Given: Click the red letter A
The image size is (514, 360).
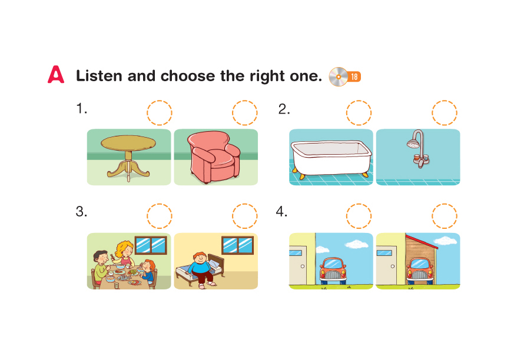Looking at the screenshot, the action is pyautogui.click(x=56, y=75).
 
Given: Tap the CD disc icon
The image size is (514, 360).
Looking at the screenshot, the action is pyautogui.click(x=339, y=76).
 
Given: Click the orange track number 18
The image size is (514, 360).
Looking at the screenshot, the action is pyautogui.click(x=354, y=76).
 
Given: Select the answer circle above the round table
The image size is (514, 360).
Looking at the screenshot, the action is pyautogui.click(x=160, y=113).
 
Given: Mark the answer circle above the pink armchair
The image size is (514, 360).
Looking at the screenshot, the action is pyautogui.click(x=244, y=113).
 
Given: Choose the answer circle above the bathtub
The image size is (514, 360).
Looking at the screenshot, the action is pyautogui.click(x=359, y=113).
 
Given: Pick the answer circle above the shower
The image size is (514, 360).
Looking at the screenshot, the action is pyautogui.click(x=444, y=113).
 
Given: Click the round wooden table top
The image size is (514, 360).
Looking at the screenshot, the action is pyautogui.click(x=128, y=143).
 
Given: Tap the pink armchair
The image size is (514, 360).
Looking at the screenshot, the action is pyautogui.click(x=213, y=157).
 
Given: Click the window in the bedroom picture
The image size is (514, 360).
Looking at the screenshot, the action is pyautogui.click(x=238, y=245).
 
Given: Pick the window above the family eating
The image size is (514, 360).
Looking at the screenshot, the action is pyautogui.click(x=151, y=245).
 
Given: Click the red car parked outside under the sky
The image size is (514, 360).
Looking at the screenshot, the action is pyautogui.click(x=333, y=271).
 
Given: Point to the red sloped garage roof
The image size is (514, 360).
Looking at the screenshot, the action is pyautogui.click(x=422, y=241).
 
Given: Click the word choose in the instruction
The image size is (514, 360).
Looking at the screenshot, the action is pyautogui.click(x=187, y=76).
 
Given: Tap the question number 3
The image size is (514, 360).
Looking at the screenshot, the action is pyautogui.click(x=81, y=212).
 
